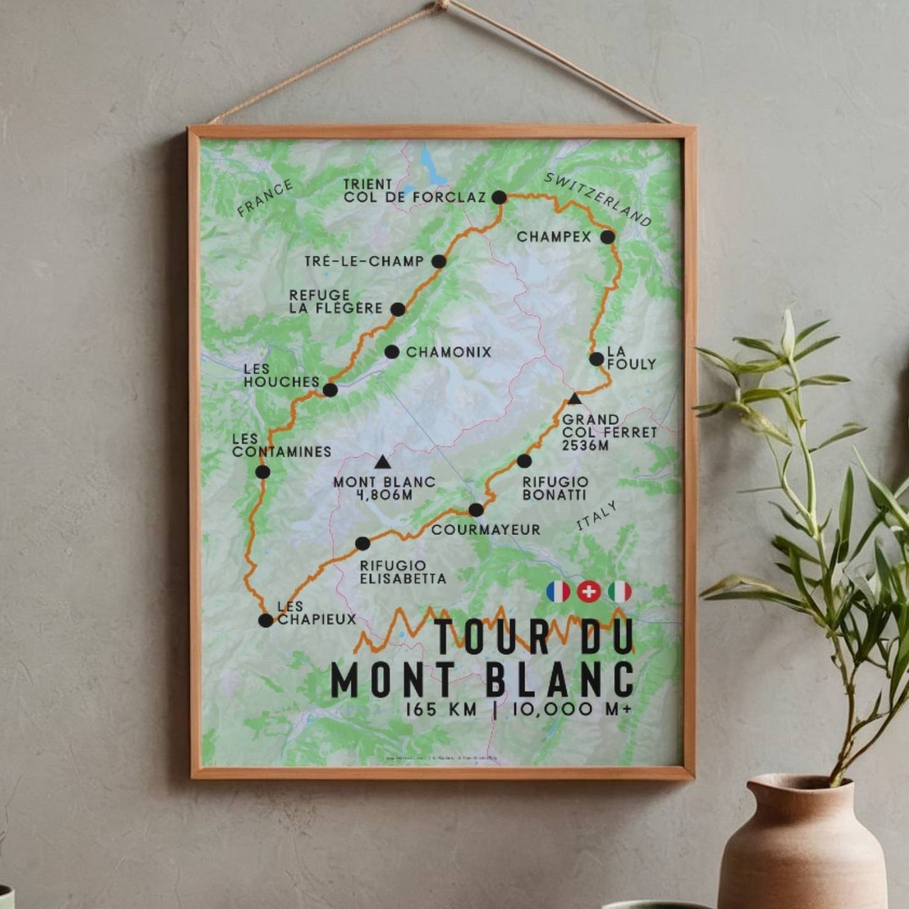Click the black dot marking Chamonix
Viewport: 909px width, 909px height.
tap(392, 352)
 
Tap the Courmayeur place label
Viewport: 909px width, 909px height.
tap(485, 530)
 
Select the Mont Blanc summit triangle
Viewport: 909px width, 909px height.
tap(382, 463)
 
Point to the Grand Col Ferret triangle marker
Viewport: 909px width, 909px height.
tap(574, 399)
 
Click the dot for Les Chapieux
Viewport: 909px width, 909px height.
tap(266, 620)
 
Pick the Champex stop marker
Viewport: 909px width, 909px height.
tap(607, 237)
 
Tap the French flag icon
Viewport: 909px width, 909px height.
tap(558, 592)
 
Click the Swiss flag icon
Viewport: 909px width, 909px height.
tap(589, 592)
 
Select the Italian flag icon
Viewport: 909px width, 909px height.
tap(620, 592)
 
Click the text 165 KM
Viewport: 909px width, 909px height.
tap(441, 710)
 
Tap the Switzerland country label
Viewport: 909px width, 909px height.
tap(598, 199)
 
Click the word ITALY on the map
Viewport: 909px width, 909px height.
tap(597, 516)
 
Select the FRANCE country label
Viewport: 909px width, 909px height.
tap(265, 197)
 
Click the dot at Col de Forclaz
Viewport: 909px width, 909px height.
tap(499, 198)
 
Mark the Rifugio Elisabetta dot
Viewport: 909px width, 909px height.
tap(362, 544)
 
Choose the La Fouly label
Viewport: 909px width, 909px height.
tap(630, 358)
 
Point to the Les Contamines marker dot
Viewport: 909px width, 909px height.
tap(263, 472)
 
